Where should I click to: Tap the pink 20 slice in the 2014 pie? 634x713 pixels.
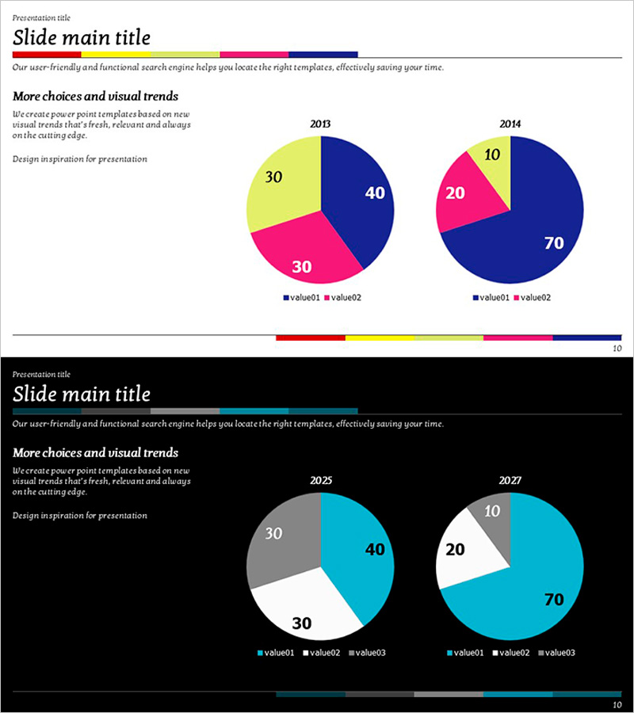tap(468, 194)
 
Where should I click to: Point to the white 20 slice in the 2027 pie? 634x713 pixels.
tap(468, 551)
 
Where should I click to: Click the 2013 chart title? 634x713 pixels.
tap(320, 124)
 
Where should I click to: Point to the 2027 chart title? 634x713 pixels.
tap(510, 481)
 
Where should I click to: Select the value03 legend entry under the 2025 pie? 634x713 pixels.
tap(367, 653)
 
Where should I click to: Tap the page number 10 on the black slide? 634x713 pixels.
tap(617, 704)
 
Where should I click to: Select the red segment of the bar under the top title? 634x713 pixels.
tap(47, 55)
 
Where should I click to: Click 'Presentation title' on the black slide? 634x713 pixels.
tap(41, 374)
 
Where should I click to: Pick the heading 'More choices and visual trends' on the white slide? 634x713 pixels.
tap(95, 97)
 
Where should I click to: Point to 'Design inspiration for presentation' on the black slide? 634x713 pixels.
tap(79, 516)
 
